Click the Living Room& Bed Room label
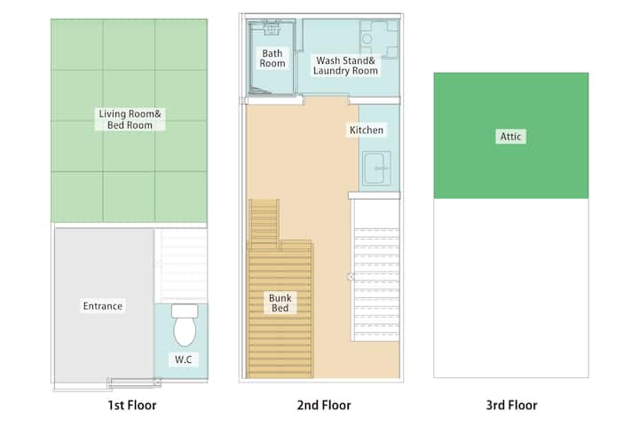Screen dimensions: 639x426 pyautogui.click(x=130, y=119)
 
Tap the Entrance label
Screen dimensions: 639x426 pyautogui.click(x=103, y=305)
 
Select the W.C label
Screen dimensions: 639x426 pyautogui.click(x=184, y=359)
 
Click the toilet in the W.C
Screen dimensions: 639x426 pyautogui.click(x=185, y=325)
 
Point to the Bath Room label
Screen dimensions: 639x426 pyautogui.click(x=272, y=59)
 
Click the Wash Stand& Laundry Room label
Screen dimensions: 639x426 pyautogui.click(x=345, y=65)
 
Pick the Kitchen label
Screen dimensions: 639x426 pyautogui.click(x=367, y=130)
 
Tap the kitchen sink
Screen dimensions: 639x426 pyautogui.click(x=376, y=168)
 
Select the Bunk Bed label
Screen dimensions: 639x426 pyautogui.click(x=280, y=303)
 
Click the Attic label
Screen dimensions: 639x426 pyautogui.click(x=510, y=136)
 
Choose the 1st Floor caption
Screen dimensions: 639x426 pyautogui.click(x=132, y=406)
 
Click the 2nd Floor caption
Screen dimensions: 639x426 pyautogui.click(x=324, y=406)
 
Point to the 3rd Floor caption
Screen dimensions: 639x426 pyautogui.click(x=511, y=406)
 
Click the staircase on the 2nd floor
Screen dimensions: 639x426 pyautogui.click(x=375, y=270)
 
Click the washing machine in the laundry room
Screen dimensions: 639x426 pyautogui.click(x=379, y=39)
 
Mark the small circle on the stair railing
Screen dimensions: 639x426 pyautogui.click(x=351, y=277)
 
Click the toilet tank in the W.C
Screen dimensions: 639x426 pyautogui.click(x=185, y=311)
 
